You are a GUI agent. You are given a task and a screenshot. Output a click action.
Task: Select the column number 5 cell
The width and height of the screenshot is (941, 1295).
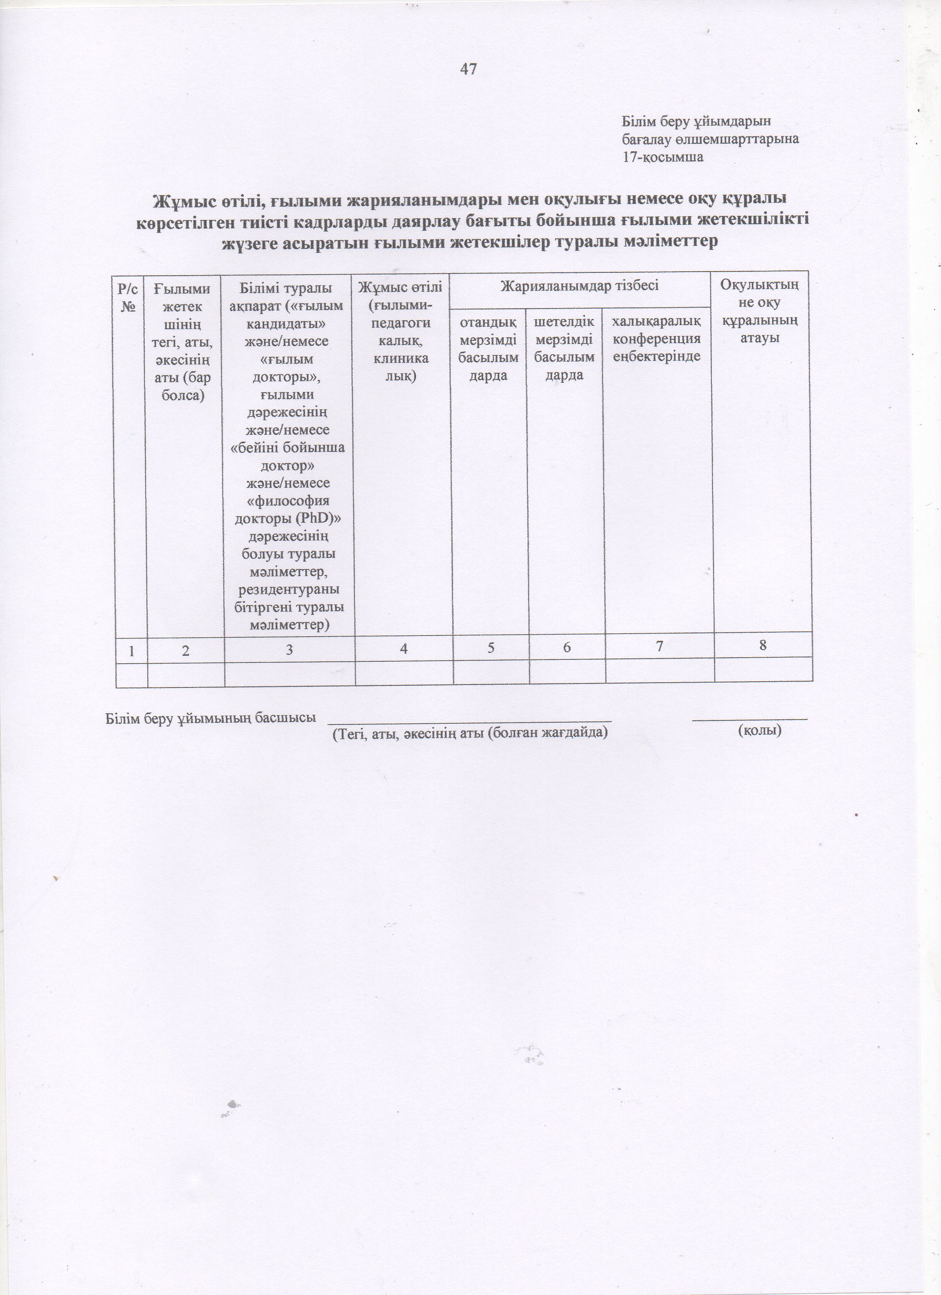click(490, 649)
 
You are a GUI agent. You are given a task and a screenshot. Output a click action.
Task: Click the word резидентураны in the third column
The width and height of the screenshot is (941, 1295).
click(289, 589)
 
